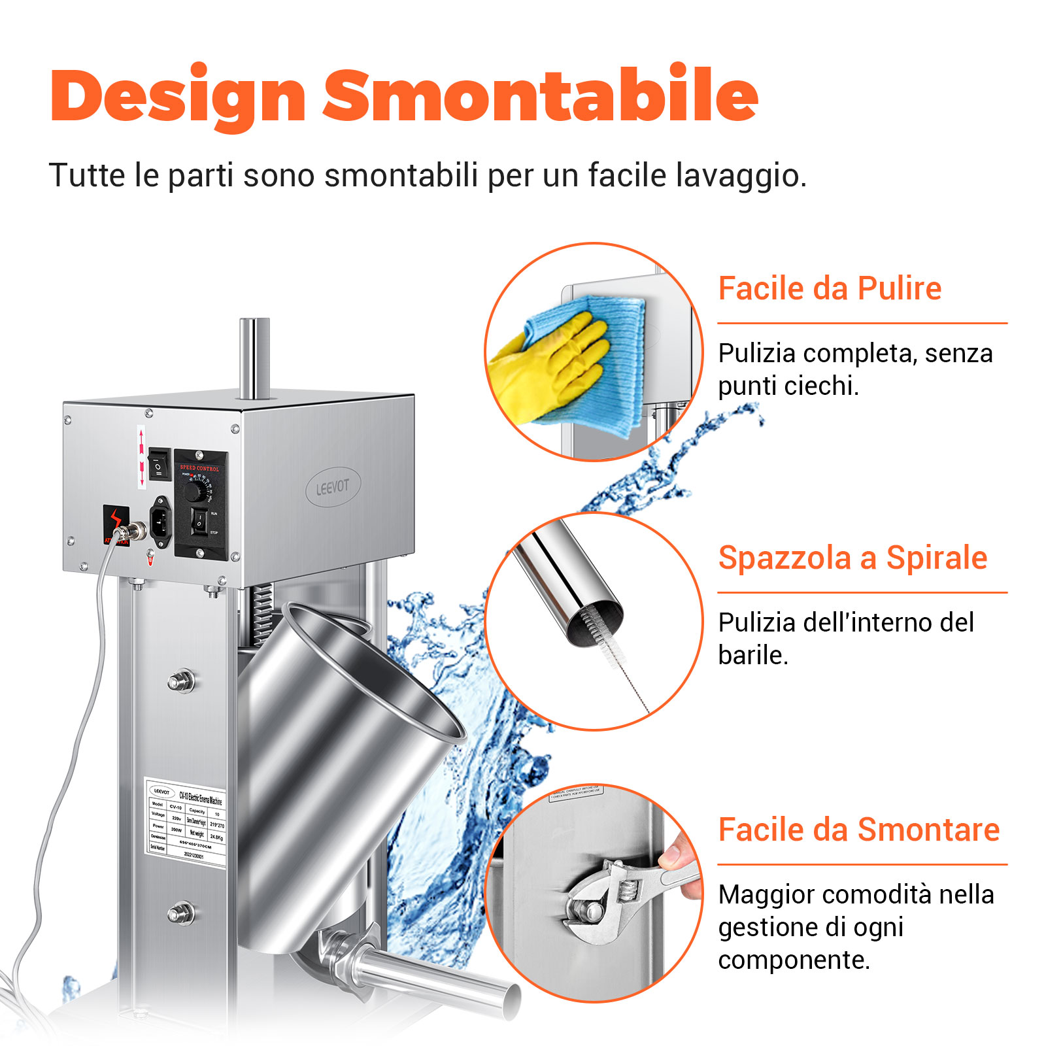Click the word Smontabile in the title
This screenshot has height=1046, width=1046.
coord(540,96)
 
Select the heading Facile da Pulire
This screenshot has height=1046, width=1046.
coord(829,288)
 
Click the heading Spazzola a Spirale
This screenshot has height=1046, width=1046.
coord(852,558)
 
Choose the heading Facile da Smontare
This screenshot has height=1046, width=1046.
coord(858,830)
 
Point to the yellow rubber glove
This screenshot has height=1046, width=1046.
coord(549,366)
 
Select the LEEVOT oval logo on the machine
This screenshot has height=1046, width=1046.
coord(333,487)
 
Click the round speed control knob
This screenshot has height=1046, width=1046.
coord(194,491)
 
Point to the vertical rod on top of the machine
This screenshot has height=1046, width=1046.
coord(254,356)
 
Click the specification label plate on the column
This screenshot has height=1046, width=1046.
coord(186,823)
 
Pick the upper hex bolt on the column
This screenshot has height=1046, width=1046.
coord(181,681)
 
